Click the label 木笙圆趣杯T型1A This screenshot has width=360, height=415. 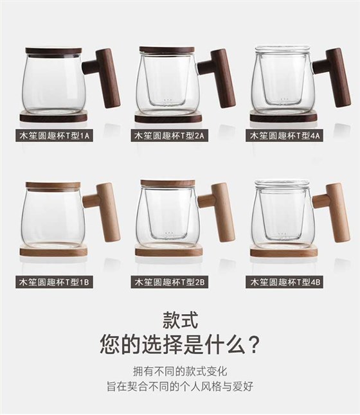coord(54,136)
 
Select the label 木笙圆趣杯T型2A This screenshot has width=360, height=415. coord(169,136)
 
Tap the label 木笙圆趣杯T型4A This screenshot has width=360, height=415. coord(285,136)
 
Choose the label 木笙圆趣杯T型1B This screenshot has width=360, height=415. coord(54,282)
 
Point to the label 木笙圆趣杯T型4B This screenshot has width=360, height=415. coord(285,282)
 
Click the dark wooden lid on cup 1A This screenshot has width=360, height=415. coord(53,51)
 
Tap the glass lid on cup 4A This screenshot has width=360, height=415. coord(282,51)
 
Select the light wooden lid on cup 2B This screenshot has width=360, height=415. coord(168,183)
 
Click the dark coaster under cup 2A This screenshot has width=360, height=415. coord(168,117)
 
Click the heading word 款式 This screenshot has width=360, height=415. coord(180,321)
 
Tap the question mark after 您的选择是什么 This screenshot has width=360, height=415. coord(254,344)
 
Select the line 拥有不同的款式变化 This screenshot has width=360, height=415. coord(180,371)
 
